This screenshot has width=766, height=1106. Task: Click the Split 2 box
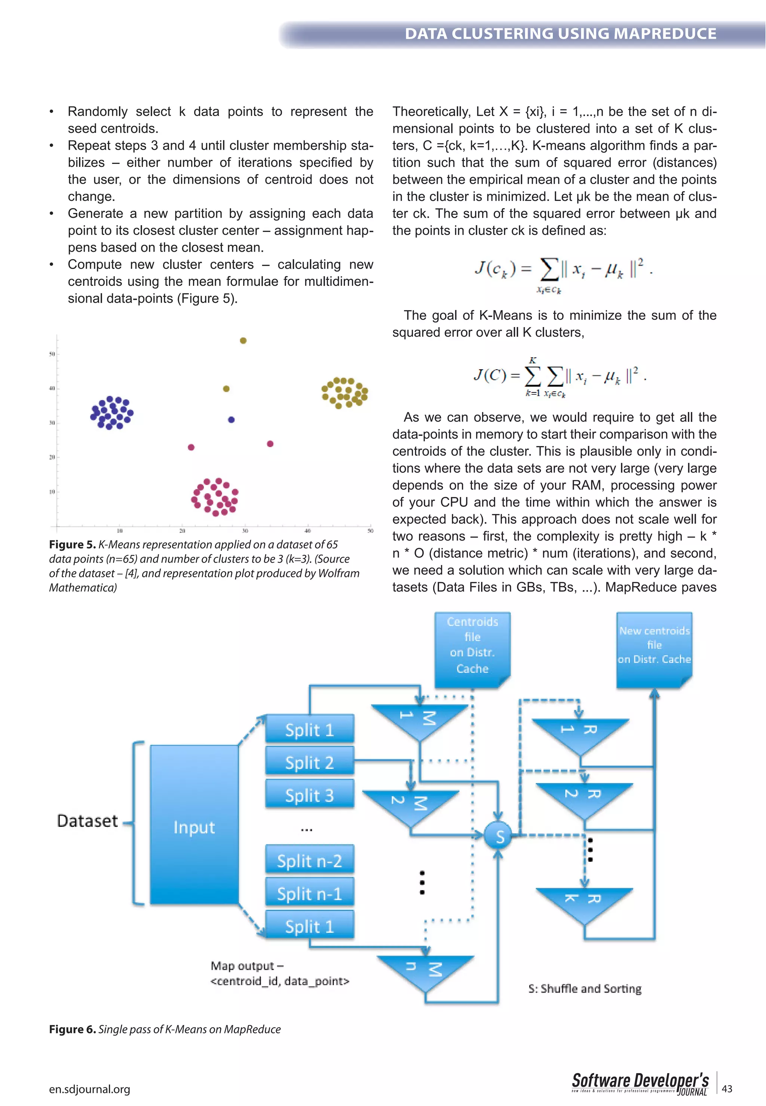click(310, 762)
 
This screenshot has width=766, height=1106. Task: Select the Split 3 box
click(310, 795)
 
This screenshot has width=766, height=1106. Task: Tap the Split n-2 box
click(310, 861)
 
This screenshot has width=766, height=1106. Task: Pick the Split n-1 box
click(310, 893)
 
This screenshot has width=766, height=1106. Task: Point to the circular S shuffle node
click(499, 836)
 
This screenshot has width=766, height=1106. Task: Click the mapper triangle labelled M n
click(425, 970)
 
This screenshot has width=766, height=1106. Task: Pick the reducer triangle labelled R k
click(584, 901)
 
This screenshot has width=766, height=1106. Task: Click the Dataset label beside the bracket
click(88, 821)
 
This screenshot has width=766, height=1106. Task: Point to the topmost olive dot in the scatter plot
click(243, 341)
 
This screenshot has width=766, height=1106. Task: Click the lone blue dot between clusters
click(232, 419)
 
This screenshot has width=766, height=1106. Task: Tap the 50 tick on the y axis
click(52, 354)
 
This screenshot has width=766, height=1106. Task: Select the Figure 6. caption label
click(73, 1029)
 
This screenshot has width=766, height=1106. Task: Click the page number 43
click(727, 1089)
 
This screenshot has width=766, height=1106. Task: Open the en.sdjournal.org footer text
click(89, 1089)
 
